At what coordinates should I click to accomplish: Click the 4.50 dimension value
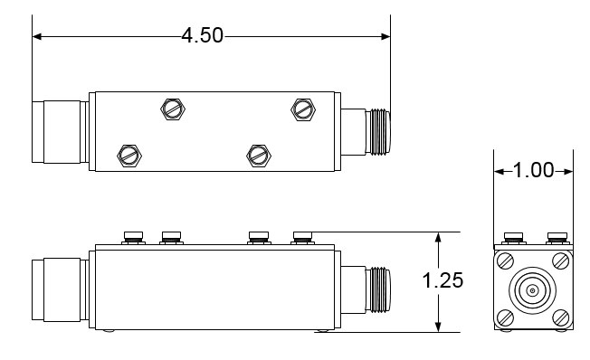coord(203,35)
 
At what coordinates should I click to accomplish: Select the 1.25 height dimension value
coord(442,280)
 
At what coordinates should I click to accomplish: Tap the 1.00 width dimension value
coord(534,170)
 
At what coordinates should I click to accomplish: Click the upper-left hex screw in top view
coord(173,109)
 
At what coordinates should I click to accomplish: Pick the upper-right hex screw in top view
coord(303,109)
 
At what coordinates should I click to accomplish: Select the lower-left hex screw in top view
coord(129,156)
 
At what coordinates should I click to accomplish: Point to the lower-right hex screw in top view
coord(259,156)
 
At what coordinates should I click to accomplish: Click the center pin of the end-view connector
coord(532,290)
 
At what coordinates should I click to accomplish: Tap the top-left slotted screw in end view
coord(505,261)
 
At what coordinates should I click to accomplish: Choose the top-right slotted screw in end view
coord(561,261)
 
